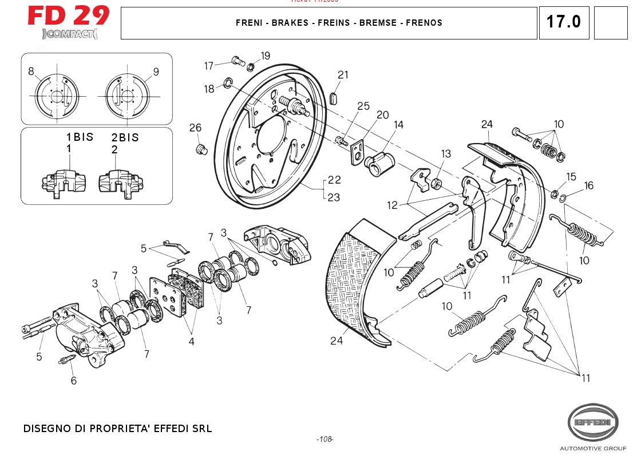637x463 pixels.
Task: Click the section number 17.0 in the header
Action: click(x=563, y=22)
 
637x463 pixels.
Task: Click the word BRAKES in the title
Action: click(x=290, y=23)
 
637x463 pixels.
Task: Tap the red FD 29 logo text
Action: click(x=68, y=16)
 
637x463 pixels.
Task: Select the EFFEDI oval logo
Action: click(x=589, y=422)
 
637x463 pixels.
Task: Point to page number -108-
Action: click(x=325, y=439)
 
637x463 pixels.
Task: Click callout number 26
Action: click(x=195, y=127)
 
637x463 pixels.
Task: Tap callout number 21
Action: click(x=343, y=74)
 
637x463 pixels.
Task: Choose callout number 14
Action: click(x=398, y=124)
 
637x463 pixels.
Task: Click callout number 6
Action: click(x=73, y=380)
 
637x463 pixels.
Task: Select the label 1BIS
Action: click(x=80, y=137)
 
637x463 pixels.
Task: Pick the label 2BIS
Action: click(x=125, y=137)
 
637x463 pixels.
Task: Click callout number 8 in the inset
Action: click(x=31, y=72)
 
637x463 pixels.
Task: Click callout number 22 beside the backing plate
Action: click(x=334, y=180)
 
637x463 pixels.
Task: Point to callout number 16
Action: click(x=589, y=185)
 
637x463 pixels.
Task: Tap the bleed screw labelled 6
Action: click(x=66, y=361)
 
